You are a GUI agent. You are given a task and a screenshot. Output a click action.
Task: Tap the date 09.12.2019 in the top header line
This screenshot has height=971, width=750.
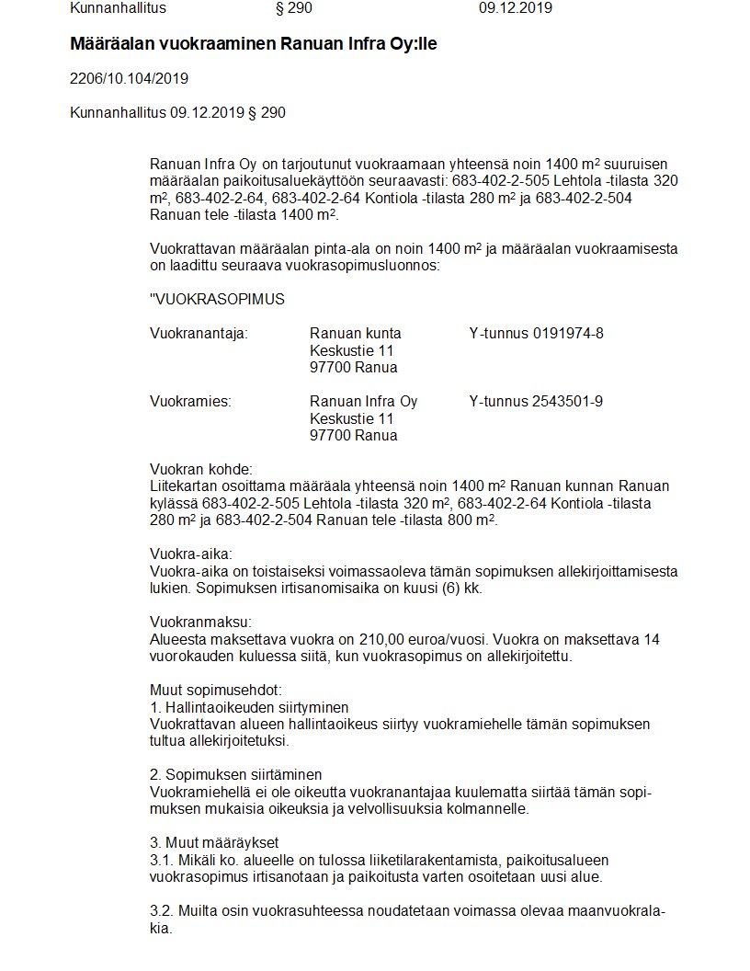pos(516,8)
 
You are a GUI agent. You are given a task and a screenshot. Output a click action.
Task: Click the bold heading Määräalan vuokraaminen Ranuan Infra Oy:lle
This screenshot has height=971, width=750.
pos(254,44)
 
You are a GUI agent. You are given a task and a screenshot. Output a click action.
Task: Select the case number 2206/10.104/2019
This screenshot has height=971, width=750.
pos(130,78)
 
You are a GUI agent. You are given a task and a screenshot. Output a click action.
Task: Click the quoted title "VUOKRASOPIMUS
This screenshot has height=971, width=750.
pos(217,299)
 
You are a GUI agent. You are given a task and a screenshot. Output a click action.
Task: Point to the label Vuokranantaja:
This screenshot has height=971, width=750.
pos(199,333)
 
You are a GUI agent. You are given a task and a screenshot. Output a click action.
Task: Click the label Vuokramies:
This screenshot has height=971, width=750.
pos(190,402)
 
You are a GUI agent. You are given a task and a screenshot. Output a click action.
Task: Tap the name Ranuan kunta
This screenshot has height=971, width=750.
pos(356,333)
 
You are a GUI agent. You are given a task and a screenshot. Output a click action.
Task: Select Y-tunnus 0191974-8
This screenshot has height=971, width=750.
pos(536,333)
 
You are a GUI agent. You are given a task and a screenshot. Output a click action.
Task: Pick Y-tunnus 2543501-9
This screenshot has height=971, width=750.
pos(536,402)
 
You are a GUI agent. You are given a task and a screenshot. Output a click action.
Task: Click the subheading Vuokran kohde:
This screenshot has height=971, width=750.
pos(200,469)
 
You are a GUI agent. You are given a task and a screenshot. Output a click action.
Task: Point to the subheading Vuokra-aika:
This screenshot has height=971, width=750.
pos(191,554)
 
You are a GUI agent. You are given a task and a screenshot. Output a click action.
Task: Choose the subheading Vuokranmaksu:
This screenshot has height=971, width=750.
pos(199,622)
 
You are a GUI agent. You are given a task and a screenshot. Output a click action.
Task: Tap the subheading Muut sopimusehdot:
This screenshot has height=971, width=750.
pos(215,690)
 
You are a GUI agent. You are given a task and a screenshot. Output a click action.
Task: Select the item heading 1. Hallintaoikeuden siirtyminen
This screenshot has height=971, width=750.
pos(249,707)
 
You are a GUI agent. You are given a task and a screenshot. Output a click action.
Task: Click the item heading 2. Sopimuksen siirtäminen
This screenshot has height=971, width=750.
pos(236,775)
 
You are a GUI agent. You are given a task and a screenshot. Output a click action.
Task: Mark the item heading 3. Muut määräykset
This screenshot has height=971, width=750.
pos(214,842)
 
